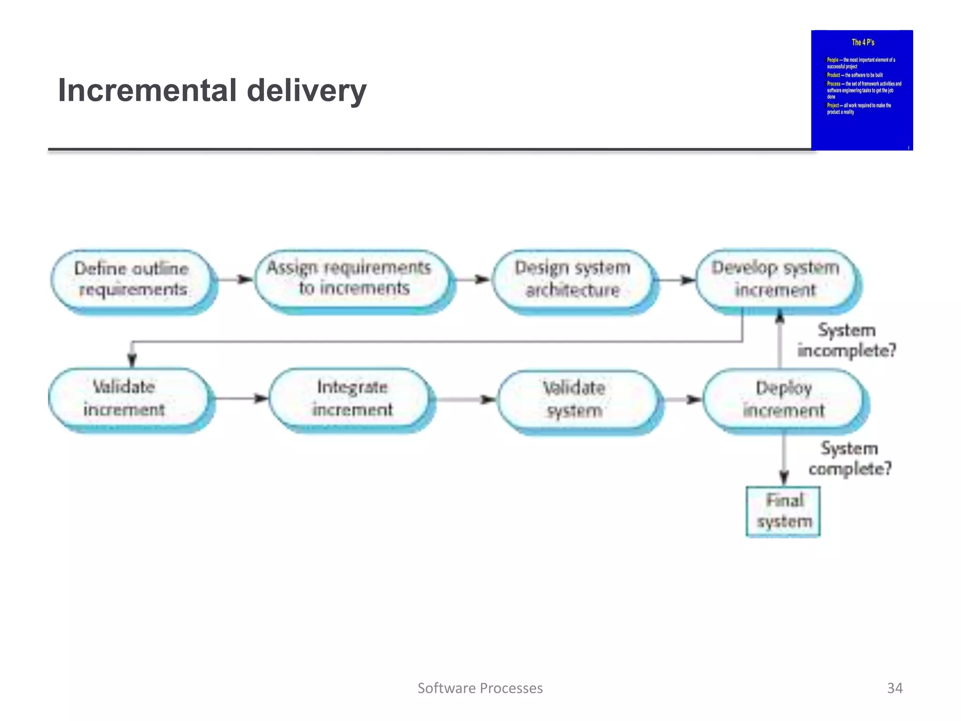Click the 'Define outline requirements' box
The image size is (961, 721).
[131, 279]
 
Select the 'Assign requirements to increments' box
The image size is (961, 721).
[350, 278]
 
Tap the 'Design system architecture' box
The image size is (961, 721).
[572, 279]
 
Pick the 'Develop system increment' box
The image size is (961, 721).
[775, 279]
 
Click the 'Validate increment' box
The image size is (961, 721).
[125, 398]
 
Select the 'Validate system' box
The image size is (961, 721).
[575, 399]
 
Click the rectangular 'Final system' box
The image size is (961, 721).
[783, 511]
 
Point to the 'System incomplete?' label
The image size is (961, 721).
[847, 340]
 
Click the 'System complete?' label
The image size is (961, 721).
[850, 459]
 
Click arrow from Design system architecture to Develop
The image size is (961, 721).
[676, 280]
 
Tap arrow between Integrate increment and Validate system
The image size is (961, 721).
[465, 399]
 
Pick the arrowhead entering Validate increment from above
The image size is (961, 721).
[132, 360]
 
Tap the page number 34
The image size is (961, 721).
[894, 688]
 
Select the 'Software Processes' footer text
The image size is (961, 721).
[480, 688]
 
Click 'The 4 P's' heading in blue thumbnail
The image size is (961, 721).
[862, 42]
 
